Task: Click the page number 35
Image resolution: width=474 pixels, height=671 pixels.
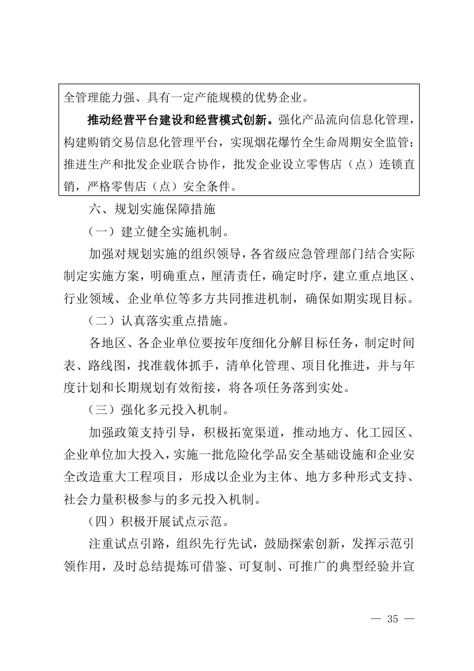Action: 392,618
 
